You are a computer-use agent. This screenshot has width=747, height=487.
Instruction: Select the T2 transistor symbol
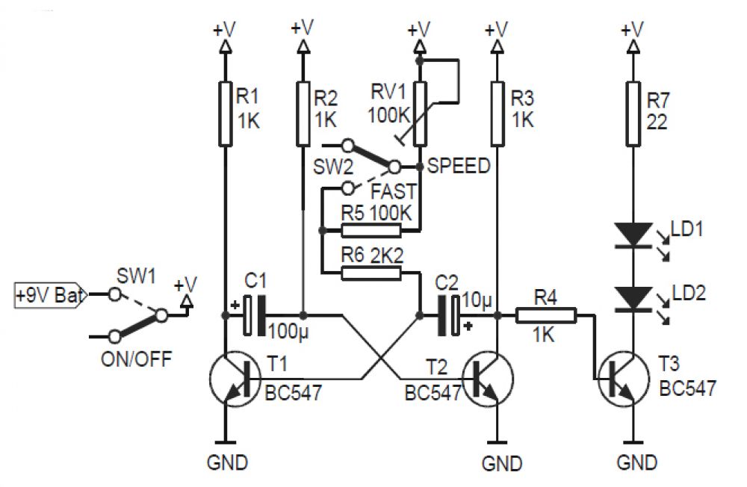[x=489, y=379]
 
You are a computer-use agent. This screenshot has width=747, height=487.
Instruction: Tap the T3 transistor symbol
[x=623, y=379]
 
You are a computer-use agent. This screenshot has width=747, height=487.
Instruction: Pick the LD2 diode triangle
[x=633, y=299]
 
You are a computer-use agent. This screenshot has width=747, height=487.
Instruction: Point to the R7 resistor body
[x=633, y=113]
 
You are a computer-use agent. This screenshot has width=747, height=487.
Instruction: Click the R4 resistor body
[x=546, y=315]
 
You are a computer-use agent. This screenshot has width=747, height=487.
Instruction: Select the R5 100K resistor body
[x=371, y=231]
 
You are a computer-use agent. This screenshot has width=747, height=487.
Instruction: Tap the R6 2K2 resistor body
[x=371, y=273]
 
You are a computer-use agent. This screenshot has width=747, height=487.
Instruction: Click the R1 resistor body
[x=226, y=113]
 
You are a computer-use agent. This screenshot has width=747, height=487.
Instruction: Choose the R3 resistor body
[x=498, y=113]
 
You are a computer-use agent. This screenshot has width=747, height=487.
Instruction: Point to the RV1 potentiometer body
[x=420, y=113]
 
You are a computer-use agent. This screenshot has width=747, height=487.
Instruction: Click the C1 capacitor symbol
[x=255, y=315]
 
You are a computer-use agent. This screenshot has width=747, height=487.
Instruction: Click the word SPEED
[x=459, y=166]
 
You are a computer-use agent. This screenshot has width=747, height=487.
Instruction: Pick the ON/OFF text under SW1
[x=136, y=359]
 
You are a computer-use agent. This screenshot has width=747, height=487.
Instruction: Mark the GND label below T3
[x=637, y=462]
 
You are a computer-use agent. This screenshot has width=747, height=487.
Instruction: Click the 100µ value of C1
[x=288, y=331]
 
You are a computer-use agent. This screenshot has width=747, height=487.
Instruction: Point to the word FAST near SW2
[x=394, y=191]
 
